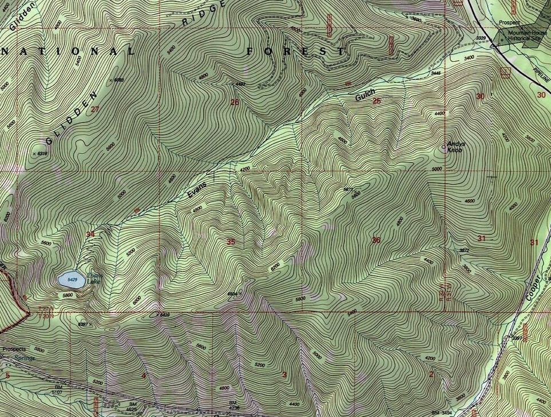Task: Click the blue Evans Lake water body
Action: tap(72, 280)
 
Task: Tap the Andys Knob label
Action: tap(455, 146)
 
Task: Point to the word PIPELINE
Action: tap(540, 72)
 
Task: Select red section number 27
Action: tap(95, 109)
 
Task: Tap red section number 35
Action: tap(231, 242)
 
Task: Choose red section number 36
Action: tap(376, 240)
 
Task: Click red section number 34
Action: tap(90, 234)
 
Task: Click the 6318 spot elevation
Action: tap(41, 153)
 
